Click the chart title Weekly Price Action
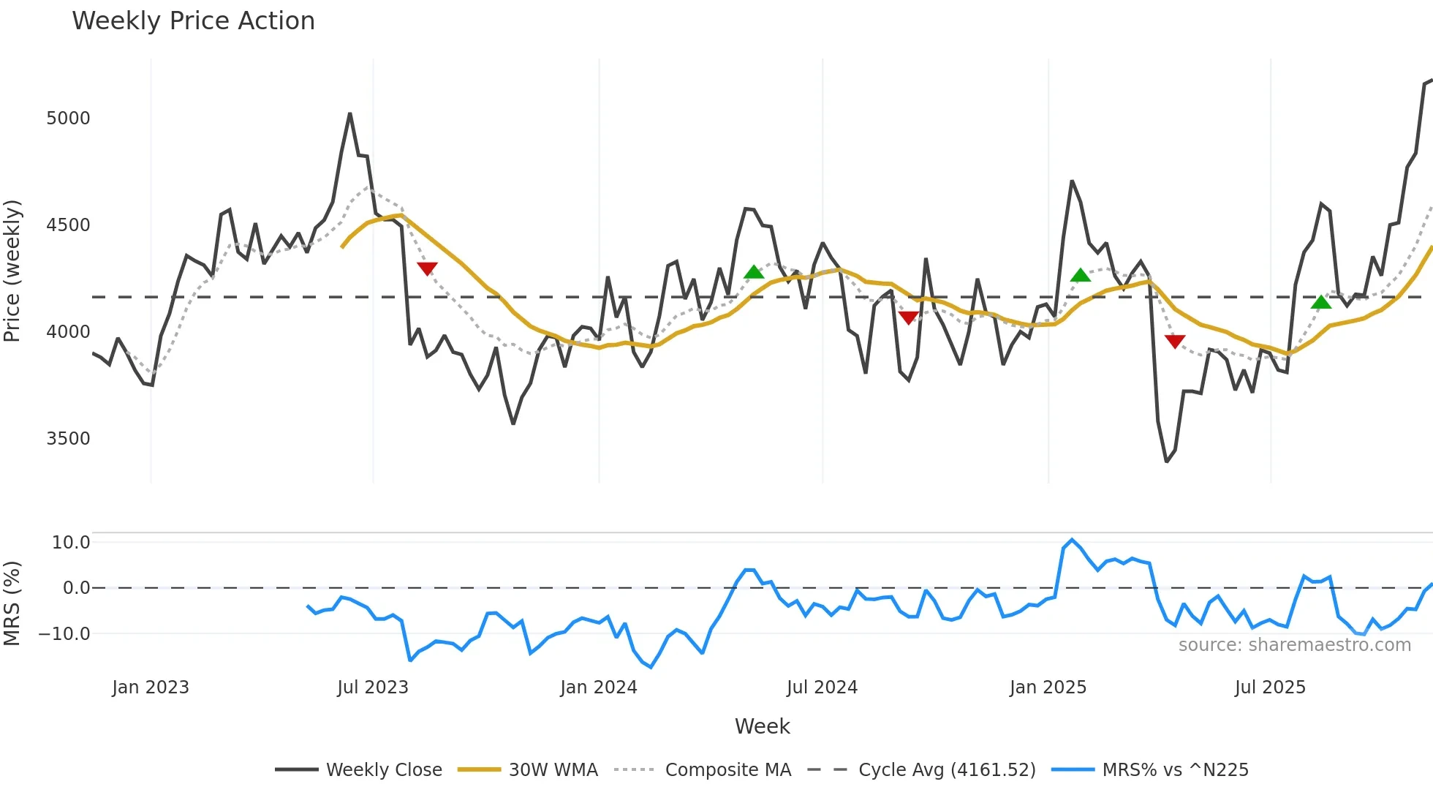tap(193, 21)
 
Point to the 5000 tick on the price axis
tap(68, 118)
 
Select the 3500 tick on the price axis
tap(68, 439)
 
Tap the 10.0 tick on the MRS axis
tap(71, 543)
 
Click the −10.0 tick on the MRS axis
tap(64, 634)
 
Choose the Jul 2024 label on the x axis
tap(822, 688)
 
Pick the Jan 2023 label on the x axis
tap(151, 688)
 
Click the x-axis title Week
tap(762, 726)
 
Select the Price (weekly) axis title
tap(12, 271)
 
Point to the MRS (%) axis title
tap(12, 603)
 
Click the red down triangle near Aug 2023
tap(427, 268)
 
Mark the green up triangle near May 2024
tap(754, 273)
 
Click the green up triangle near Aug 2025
tap(1321, 302)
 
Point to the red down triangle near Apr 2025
tap(1175, 341)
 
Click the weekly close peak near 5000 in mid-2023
tap(350, 114)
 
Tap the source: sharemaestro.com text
tap(1294, 645)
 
